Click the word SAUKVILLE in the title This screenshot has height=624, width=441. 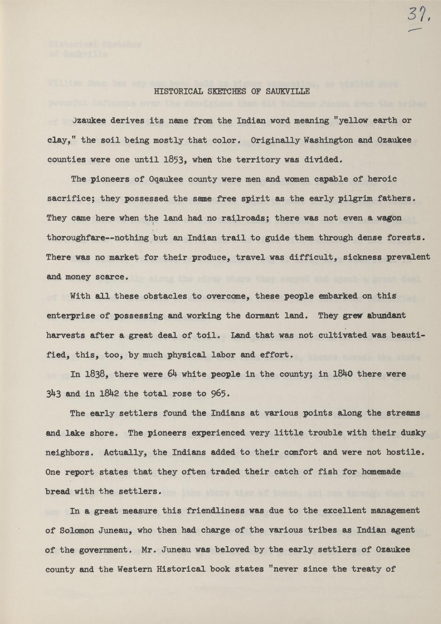(288, 91)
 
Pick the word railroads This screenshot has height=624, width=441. (242, 218)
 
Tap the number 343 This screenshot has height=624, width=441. (53, 394)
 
